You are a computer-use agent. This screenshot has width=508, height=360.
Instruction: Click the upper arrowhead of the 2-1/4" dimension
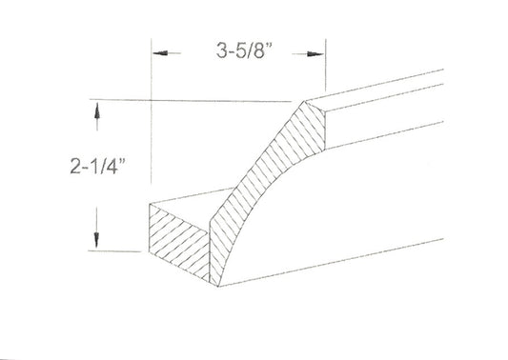click(96, 112)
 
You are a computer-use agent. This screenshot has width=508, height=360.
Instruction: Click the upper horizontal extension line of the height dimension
click(191, 99)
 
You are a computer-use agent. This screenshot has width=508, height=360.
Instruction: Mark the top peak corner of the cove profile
click(305, 101)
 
